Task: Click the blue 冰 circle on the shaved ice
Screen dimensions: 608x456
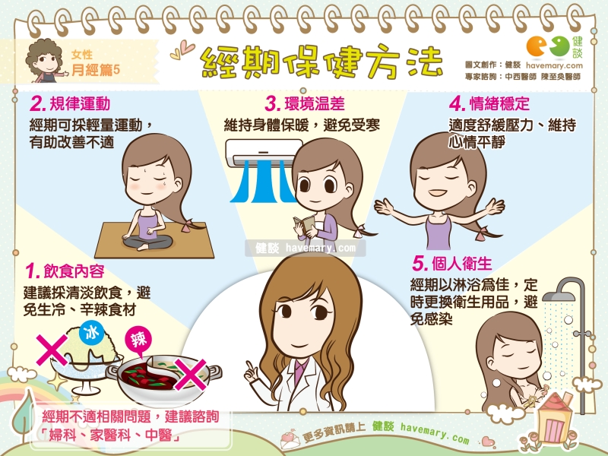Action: tap(91, 333)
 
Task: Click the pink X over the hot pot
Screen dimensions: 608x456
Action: tap(191, 375)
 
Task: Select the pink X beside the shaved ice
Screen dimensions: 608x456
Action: tap(52, 350)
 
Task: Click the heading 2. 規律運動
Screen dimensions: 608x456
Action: tap(70, 104)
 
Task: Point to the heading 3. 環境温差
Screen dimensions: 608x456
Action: tap(305, 104)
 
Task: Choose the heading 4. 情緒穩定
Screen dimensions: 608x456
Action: tap(489, 104)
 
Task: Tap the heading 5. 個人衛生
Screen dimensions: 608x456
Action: tap(451, 264)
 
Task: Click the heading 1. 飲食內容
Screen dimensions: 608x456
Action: tap(65, 271)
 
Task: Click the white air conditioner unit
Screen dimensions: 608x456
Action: tap(264, 154)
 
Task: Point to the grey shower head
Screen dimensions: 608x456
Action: tap(559, 296)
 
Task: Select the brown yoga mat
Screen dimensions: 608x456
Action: tap(154, 240)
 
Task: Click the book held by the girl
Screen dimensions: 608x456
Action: tap(304, 225)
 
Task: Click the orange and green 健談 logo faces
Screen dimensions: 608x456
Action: tap(547, 46)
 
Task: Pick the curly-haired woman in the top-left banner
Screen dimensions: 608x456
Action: tap(45, 61)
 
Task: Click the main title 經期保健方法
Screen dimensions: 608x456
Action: tap(321, 62)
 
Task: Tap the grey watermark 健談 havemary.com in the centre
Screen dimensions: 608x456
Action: tap(306, 249)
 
